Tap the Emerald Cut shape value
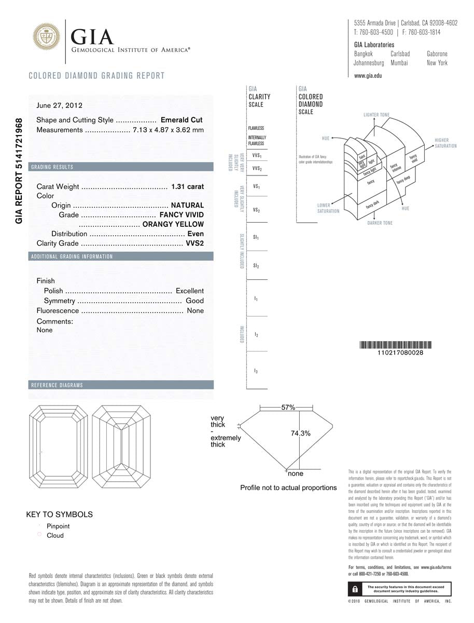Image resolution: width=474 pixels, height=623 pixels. pos(182,120)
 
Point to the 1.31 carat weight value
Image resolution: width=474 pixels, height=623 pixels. pos(187,186)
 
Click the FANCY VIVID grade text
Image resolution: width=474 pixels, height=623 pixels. pos(182,215)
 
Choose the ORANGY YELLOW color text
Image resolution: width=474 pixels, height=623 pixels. pos(173,224)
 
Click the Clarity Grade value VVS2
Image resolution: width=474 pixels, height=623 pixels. pos(194,243)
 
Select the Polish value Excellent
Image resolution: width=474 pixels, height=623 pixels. pos(189,291)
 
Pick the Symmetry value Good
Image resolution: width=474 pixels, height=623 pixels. pos(194,301)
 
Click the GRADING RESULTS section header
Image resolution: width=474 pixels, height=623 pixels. pos(52,167)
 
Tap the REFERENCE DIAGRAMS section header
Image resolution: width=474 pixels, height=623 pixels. pos(57,385)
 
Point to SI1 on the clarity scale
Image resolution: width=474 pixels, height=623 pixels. pos(256,237)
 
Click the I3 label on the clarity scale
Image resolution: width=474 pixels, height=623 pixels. pos(256,371)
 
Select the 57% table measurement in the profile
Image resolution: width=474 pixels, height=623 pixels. pos(288,408)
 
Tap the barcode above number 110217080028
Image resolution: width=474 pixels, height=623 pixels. pos(397,345)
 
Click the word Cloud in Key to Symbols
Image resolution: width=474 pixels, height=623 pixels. pos(55,536)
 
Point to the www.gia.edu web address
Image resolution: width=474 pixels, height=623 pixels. pos(368,76)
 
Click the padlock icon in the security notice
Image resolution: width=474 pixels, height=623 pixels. pos(354,589)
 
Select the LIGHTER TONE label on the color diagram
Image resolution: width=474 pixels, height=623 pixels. pos(377,115)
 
